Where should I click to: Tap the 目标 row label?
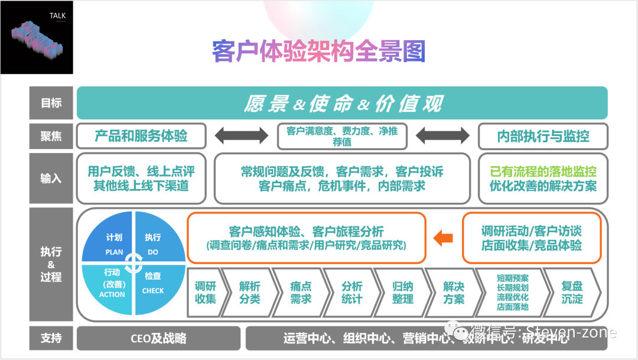(51, 103)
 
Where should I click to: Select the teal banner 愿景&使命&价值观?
(342, 103)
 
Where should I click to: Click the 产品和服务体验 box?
(141, 136)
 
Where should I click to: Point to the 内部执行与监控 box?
(543, 136)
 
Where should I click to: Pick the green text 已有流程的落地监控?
(543, 171)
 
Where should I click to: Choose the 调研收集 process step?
(205, 292)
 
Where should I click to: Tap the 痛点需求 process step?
(301, 292)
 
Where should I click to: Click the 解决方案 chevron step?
(454, 292)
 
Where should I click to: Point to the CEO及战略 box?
(158, 338)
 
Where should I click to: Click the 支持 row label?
(51, 338)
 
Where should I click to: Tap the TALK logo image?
(37, 37)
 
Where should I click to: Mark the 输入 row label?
(51, 178)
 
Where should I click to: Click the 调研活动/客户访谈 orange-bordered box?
(531, 238)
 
